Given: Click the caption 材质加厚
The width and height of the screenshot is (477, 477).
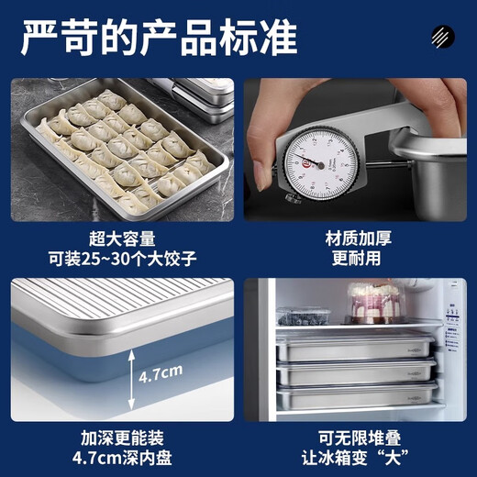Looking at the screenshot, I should (x=358, y=238).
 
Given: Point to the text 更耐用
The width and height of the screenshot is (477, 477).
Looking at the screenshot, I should (x=358, y=259).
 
